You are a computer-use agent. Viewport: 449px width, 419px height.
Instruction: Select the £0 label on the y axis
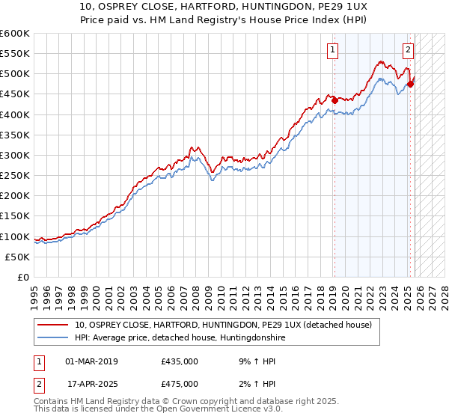(24, 277)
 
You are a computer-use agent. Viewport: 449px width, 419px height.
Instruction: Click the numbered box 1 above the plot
(332, 51)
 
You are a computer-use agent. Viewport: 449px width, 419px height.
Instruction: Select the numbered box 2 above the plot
(408, 51)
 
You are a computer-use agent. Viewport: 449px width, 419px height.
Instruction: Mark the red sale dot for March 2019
(335, 100)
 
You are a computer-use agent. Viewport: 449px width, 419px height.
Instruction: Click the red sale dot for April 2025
(411, 84)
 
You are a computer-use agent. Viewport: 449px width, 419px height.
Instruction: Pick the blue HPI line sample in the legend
(54, 338)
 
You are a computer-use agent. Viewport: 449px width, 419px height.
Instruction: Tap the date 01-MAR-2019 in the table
(91, 361)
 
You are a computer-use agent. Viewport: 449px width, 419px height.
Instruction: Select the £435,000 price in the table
(179, 361)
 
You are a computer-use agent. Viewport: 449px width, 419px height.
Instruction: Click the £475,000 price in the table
(179, 384)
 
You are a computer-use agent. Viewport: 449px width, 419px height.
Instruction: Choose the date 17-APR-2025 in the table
(91, 384)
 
